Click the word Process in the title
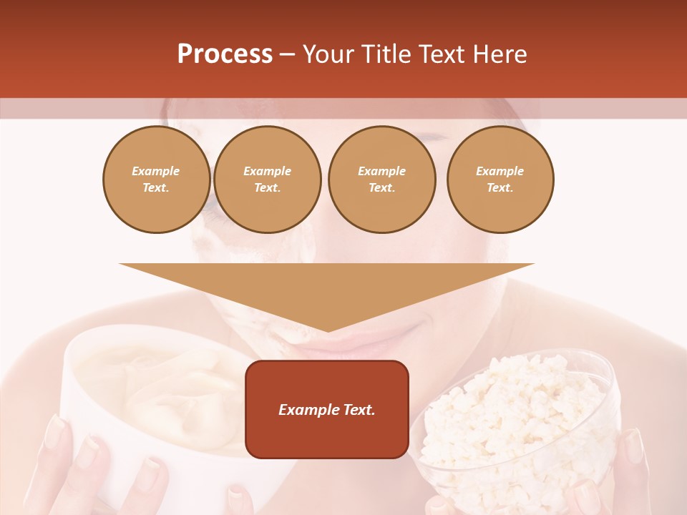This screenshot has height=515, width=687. click(225, 54)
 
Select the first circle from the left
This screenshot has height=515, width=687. click(156, 180)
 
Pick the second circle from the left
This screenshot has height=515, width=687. click(268, 180)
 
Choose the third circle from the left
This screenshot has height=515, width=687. click(381, 180)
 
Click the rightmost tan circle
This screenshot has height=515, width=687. click(500, 180)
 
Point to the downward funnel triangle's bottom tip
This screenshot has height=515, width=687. click(328, 330)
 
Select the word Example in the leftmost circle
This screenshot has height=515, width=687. click(156, 171)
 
